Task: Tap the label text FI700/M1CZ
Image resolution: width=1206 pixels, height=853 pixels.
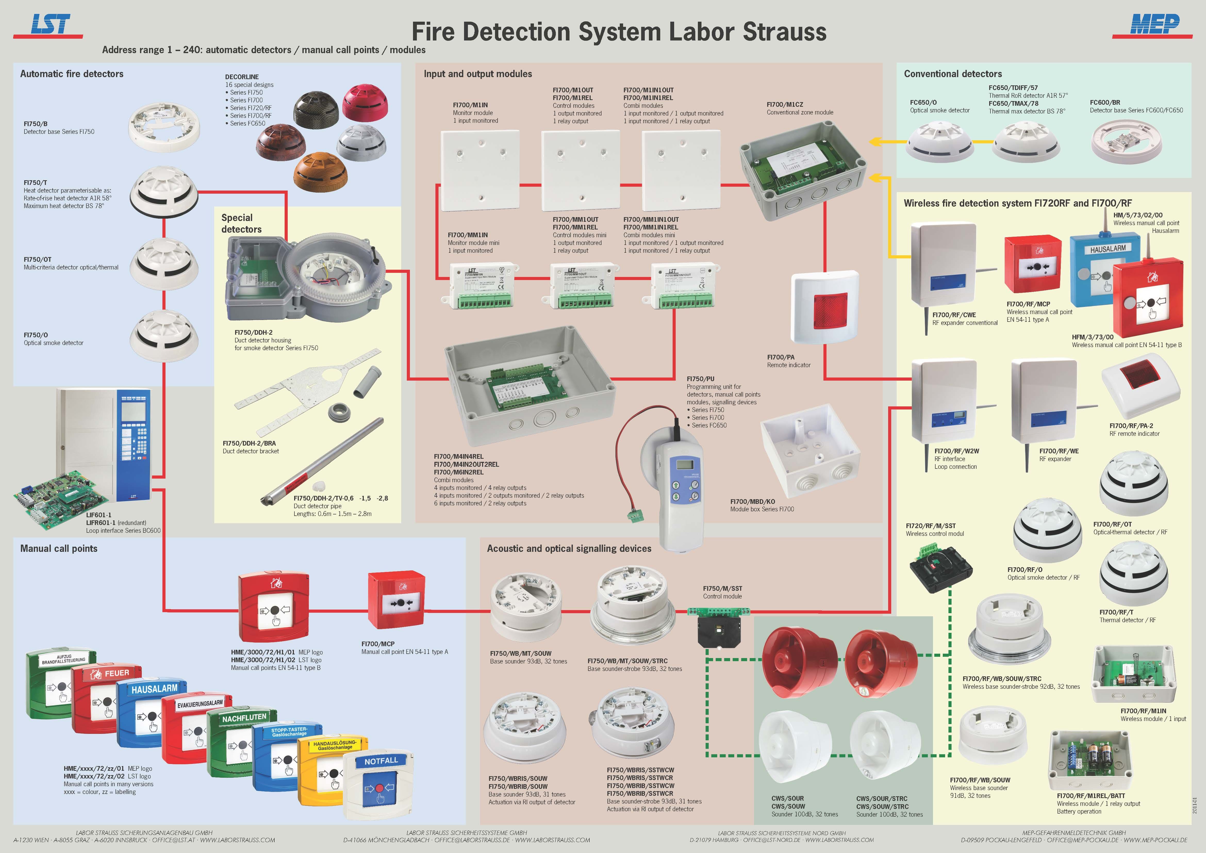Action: [x=785, y=104]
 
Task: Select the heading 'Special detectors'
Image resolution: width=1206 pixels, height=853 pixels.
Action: [x=241, y=223]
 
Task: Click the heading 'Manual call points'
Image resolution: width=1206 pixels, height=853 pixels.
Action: [x=59, y=548]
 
